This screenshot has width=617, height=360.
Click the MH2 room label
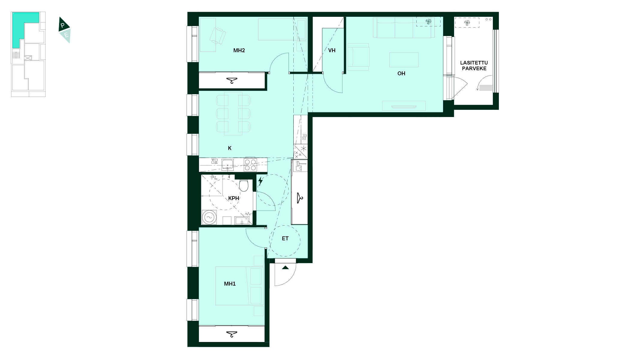[x=239, y=50]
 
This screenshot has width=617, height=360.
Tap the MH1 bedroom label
[x=230, y=284]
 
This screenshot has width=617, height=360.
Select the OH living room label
[x=401, y=73]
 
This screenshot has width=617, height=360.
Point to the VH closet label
[x=332, y=50]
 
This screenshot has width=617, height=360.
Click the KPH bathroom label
[x=234, y=198]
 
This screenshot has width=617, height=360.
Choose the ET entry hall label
[x=285, y=238]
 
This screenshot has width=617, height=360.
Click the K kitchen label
[x=230, y=148]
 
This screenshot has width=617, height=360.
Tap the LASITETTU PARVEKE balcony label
[x=474, y=66]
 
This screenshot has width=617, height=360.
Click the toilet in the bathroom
[x=244, y=186]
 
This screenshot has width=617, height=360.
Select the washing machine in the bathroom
[x=209, y=217]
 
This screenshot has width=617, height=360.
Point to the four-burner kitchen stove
[x=250, y=165]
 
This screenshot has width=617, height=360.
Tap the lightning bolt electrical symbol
[x=261, y=181]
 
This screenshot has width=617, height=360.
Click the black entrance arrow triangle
[x=285, y=267]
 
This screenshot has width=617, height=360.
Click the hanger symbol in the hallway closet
[x=300, y=198]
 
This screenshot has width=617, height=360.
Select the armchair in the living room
[x=358, y=57]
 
